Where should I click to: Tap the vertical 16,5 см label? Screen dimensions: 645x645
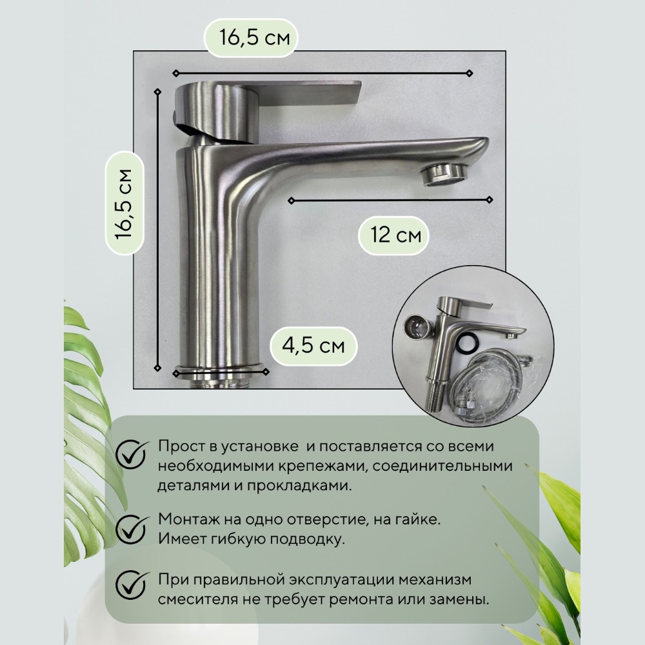(124, 204)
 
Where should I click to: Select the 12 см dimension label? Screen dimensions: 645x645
(396, 235)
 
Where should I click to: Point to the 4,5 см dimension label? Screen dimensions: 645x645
(313, 346)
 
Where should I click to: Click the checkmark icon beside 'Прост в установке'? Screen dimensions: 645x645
(132, 455)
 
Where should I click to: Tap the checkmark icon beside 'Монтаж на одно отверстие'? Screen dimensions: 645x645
(132, 529)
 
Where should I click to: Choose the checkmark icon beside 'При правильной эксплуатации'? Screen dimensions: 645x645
(132, 584)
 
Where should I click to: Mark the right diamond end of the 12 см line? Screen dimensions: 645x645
(490, 200)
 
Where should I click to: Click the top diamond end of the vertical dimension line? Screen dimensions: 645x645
(157, 92)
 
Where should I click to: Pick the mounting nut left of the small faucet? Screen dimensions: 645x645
(415, 328)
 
